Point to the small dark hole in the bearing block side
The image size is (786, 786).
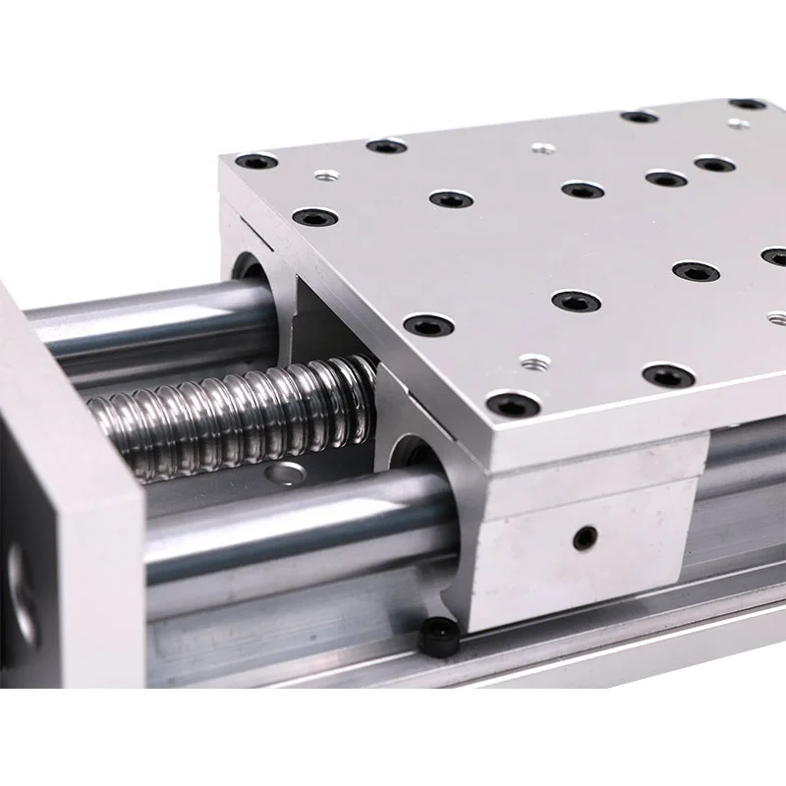(587, 536)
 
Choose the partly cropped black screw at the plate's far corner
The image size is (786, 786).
(749, 103)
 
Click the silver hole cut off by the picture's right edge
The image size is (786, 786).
(778, 318)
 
